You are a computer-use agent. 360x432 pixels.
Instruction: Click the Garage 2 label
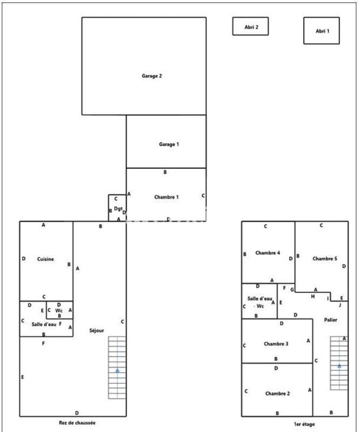pos(152,76)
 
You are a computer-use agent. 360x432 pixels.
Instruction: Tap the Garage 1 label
pos(169,144)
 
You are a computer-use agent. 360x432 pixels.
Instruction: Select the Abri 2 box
pos(250,26)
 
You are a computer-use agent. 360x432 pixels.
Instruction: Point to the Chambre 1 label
pos(166,197)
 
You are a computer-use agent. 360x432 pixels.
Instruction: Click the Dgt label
pos(117,208)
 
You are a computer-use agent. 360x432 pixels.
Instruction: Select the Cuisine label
pos(45,259)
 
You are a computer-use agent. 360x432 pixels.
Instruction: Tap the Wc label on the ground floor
pos(59,310)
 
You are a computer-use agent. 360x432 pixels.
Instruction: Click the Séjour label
pos(97,330)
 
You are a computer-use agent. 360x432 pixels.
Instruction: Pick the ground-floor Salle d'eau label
pos(44,324)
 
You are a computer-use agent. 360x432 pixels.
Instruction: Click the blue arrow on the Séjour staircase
pos(117,370)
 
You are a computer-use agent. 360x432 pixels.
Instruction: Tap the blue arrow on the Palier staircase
pos(339,366)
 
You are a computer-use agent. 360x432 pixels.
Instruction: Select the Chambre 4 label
pos(267,253)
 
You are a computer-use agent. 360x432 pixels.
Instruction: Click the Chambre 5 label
pos(325,259)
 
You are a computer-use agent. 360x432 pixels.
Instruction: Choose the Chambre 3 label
pos(276,344)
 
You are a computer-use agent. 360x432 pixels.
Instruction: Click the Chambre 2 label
pos(277,394)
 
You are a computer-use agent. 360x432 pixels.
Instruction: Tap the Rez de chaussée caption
pos(77,423)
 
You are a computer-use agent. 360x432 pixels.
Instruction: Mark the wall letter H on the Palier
pos(313,296)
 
